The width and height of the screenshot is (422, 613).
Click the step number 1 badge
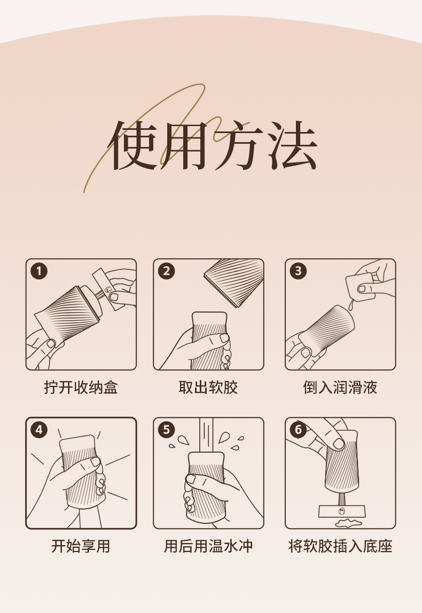point(39,271)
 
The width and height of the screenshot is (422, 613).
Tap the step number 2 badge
point(167,271)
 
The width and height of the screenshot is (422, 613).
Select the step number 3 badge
point(298,271)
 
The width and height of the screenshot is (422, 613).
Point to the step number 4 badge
point(39,430)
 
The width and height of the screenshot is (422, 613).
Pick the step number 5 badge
point(167,430)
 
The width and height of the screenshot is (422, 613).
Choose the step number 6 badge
point(298,430)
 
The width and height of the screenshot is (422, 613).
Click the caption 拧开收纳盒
point(81,387)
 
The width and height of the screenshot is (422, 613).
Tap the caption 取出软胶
point(208,387)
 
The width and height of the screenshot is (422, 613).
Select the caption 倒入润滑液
point(340,387)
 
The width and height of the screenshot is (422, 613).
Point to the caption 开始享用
point(81,546)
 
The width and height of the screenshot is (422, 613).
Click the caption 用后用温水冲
point(208,546)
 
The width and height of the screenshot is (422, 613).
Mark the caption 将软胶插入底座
point(340,546)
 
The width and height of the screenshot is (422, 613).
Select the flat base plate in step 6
point(342,511)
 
